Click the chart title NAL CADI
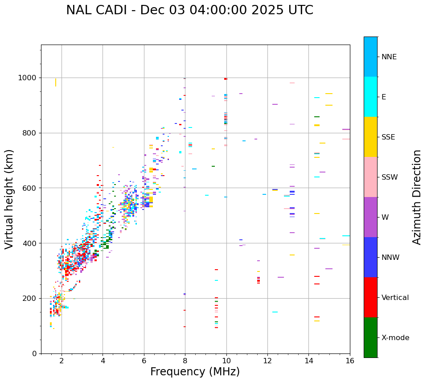(189, 10)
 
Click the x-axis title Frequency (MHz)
(195, 372)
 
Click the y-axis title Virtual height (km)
(9, 199)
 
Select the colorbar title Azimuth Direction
(417, 197)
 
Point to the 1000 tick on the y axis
(28, 78)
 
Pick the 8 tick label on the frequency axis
(185, 361)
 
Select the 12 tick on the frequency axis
(267, 361)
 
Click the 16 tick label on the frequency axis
(350, 361)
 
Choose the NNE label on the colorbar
(389, 57)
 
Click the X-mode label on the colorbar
(395, 338)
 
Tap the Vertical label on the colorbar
(395, 298)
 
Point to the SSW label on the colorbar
(390, 177)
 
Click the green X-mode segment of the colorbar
(370, 337)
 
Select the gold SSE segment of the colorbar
(370, 137)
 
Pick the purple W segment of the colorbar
(370, 217)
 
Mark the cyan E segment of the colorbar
(370, 97)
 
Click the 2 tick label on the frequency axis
(62, 361)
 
